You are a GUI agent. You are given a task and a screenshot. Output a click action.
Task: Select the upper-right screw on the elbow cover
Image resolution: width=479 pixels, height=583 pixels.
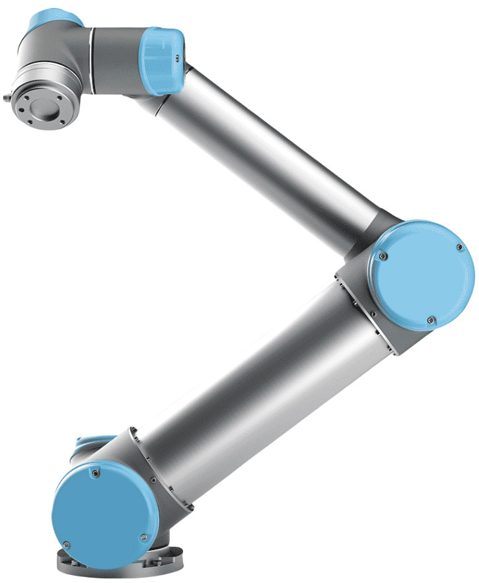pyautogui.click(x=458, y=246)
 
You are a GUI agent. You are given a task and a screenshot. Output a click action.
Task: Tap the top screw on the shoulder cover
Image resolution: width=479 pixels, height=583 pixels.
pyautogui.click(x=98, y=473)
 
